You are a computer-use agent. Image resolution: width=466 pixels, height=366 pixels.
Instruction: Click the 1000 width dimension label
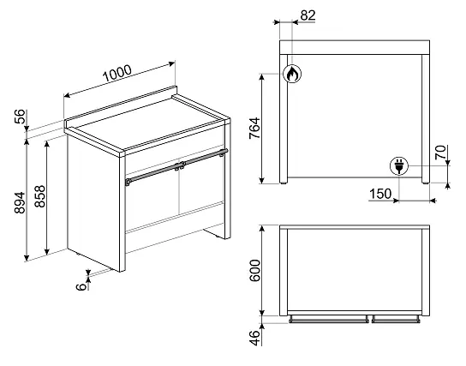116,73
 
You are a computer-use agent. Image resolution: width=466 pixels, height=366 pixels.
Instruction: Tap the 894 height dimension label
20,202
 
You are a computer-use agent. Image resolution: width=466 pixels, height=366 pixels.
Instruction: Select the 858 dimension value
39,196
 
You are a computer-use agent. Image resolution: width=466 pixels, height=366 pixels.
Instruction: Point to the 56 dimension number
21,117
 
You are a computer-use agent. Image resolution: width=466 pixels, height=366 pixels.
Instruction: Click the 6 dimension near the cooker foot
81,286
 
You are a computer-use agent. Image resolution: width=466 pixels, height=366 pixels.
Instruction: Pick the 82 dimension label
308,15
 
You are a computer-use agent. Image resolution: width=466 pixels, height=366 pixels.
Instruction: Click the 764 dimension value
254,129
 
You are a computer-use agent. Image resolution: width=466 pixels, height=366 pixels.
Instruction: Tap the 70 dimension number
441,152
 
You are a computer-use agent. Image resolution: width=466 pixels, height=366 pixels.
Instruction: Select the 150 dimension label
380,194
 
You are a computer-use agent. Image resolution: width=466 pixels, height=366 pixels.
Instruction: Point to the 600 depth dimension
255,271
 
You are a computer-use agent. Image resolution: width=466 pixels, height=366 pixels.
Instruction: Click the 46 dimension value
254,338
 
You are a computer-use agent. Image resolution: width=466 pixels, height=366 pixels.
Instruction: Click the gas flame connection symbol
292,74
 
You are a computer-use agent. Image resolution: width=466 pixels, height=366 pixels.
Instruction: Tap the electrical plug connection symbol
399,166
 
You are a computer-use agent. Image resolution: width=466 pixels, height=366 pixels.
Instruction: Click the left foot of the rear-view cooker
284,183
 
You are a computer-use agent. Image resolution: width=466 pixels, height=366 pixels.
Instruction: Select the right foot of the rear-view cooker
425,183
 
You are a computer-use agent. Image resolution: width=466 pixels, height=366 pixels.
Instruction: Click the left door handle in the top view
329,320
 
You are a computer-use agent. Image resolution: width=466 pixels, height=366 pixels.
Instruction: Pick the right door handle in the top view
396,320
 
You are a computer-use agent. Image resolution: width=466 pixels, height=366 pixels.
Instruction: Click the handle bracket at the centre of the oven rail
179,166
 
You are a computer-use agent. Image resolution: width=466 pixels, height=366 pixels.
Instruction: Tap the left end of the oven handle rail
128,181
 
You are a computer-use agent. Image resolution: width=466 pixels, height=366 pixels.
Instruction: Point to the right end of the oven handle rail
226,151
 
